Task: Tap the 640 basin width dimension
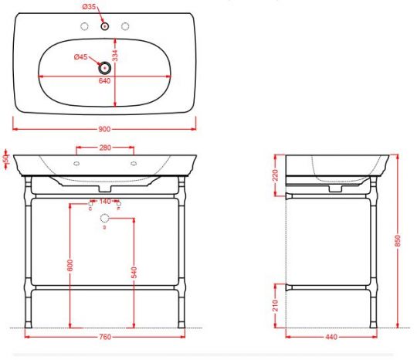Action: coord(104,83)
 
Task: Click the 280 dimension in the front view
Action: coord(104,148)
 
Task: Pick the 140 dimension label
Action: coord(104,201)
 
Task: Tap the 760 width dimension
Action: coord(104,337)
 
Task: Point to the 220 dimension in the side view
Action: coord(275,176)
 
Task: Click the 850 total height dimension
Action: coord(398,241)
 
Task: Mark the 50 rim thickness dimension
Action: coord(5,159)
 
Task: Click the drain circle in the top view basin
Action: coord(104,68)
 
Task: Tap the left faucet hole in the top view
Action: coord(83,26)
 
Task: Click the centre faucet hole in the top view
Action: coord(104,26)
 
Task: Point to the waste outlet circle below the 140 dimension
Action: coord(105,219)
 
